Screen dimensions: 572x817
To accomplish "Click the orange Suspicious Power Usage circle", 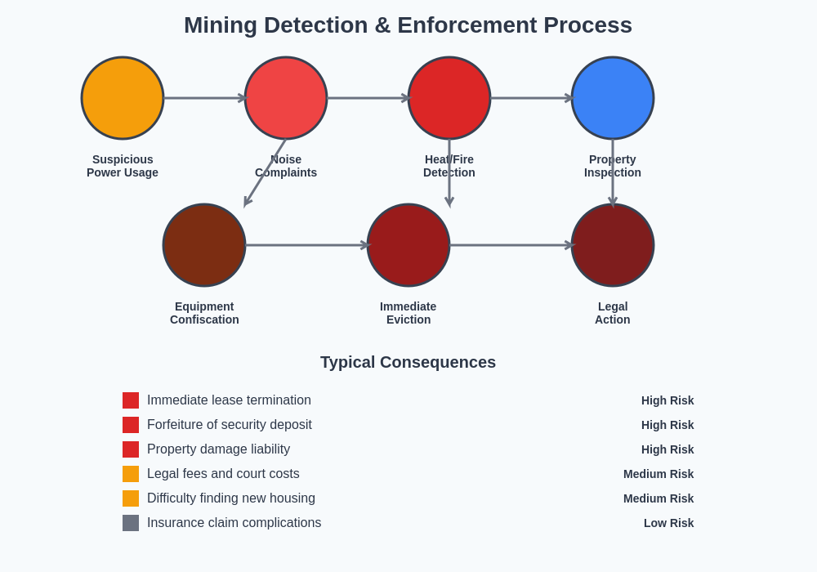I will pyautogui.click(x=123, y=98).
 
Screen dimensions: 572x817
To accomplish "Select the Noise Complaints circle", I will pyautogui.click(x=286, y=98).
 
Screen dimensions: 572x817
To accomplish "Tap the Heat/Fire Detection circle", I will pyautogui.click(x=449, y=98).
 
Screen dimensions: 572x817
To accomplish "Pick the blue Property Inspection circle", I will pyautogui.click(x=613, y=98).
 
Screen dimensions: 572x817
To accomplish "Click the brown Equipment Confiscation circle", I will pyautogui.click(x=204, y=245).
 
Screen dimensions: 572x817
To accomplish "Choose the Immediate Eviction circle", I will pyautogui.click(x=408, y=245).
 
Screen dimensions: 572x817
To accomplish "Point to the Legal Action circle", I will pyautogui.click(x=613, y=245).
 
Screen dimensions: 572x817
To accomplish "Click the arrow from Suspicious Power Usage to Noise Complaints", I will pyautogui.click(x=204, y=98).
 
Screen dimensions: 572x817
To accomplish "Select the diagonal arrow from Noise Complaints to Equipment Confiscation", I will pyautogui.click(x=265, y=172).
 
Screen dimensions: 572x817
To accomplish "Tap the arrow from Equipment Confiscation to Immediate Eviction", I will pyautogui.click(x=306, y=245).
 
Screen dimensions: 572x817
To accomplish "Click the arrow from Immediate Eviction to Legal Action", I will pyautogui.click(x=511, y=245).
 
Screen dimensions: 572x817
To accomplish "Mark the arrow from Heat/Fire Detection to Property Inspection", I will pyautogui.click(x=531, y=98).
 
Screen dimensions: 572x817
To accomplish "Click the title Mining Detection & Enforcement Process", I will pyautogui.click(x=408, y=25).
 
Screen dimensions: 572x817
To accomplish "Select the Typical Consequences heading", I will pyautogui.click(x=408, y=362).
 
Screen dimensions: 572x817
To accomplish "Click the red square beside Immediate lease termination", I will pyautogui.click(x=131, y=400).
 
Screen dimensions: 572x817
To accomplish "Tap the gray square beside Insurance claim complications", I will pyautogui.click(x=131, y=523).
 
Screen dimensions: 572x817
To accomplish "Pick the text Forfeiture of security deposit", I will pyautogui.click(x=230, y=425).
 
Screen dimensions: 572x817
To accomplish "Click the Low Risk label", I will pyautogui.click(x=668, y=523).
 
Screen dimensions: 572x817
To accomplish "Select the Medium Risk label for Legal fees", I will pyautogui.click(x=659, y=474).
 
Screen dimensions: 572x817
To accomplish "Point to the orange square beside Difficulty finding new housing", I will pyautogui.click(x=131, y=498).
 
